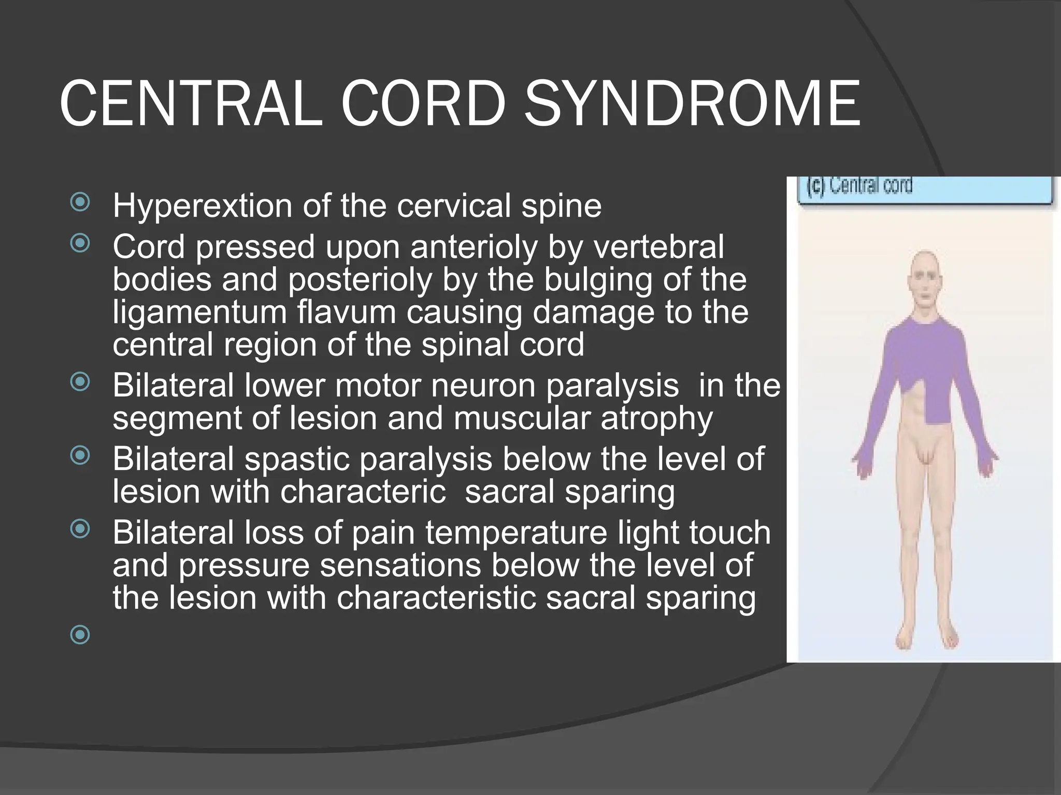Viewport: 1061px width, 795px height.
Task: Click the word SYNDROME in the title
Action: [693, 104]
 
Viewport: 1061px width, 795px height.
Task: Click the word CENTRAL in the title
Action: [191, 104]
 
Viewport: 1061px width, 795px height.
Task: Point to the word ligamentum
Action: [199, 313]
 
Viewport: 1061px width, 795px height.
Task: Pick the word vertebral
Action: [658, 246]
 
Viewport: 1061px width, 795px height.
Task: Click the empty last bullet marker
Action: [80, 635]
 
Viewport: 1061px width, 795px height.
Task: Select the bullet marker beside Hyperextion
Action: [80, 202]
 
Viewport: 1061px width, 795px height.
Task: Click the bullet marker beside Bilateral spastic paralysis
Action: [80, 455]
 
